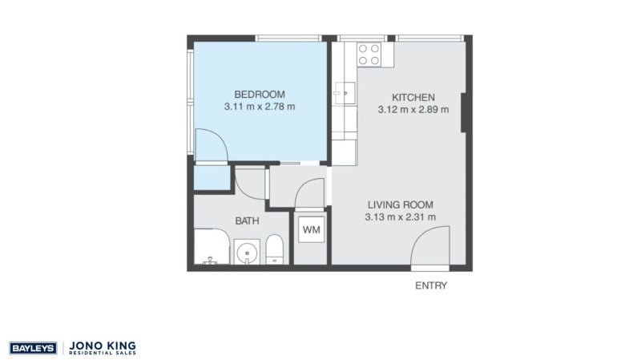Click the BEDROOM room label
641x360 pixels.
260,95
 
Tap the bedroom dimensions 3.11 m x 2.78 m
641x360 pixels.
260,107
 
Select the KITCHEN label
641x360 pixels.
413,97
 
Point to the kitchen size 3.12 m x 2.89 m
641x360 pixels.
413,110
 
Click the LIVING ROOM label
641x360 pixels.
400,205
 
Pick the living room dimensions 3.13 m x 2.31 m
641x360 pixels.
400,217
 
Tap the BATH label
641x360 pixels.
247,221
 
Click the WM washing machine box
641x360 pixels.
311,229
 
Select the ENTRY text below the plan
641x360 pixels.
431,285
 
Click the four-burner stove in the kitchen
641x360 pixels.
369,55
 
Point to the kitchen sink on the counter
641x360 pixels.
345,93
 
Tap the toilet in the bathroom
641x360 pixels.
274,249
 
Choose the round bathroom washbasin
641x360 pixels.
247,253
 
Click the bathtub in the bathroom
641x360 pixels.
212,247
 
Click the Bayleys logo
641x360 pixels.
33,348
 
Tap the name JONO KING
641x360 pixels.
103,346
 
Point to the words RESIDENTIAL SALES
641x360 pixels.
103,353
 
